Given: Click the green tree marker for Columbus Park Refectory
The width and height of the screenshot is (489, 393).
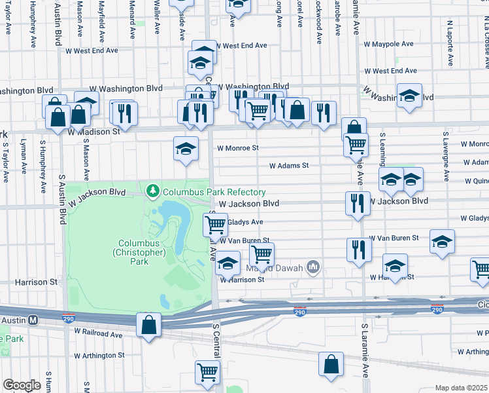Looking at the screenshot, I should point(153,191).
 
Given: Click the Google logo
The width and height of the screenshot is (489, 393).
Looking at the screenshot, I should point(22,384).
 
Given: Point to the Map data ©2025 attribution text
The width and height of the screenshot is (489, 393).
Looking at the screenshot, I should point(462,388).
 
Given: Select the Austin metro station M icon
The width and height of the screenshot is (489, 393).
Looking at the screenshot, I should point(33,319).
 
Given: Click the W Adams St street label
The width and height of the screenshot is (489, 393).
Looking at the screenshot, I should point(289,166).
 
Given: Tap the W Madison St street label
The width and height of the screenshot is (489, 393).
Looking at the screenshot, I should point(94,131).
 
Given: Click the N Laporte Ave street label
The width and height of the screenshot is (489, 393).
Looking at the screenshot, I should point(450,43).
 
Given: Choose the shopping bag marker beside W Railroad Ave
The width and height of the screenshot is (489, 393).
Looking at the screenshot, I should point(148,324).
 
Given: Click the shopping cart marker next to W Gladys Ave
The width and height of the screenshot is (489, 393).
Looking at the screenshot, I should point(215,225).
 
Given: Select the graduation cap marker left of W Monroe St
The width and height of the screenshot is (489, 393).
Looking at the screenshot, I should point(186,148).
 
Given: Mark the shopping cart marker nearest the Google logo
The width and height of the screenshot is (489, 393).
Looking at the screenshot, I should point(207,372).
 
